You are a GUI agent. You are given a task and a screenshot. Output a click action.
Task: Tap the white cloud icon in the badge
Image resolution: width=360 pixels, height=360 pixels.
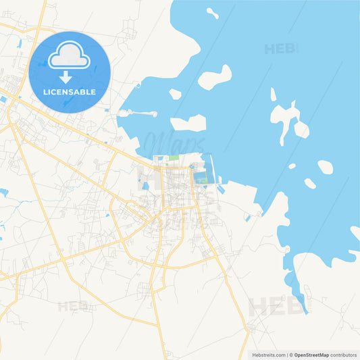[69, 55]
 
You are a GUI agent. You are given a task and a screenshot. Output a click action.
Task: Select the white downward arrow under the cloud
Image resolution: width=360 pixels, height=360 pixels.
[66, 76]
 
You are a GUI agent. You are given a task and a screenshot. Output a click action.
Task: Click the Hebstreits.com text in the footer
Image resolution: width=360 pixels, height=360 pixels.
[269, 355]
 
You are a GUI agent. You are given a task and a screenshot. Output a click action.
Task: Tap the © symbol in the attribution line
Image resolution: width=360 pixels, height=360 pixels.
[291, 355]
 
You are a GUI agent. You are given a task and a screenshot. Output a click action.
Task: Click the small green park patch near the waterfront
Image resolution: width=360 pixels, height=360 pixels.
[174, 157]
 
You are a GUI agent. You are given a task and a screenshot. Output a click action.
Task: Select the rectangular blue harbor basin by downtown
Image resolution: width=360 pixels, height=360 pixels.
[201, 178]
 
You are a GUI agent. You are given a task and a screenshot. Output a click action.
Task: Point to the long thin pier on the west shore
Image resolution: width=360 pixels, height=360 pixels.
[138, 113]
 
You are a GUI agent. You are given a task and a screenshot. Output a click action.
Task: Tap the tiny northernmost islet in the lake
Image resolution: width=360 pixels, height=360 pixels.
[212, 12]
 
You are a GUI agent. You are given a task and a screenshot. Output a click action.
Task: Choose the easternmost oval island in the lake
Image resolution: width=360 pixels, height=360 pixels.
[325, 167]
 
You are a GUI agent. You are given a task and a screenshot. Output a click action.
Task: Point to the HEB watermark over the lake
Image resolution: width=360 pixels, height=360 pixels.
[279, 49]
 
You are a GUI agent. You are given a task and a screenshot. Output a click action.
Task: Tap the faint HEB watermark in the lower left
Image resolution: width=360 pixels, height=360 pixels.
[72, 306]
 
